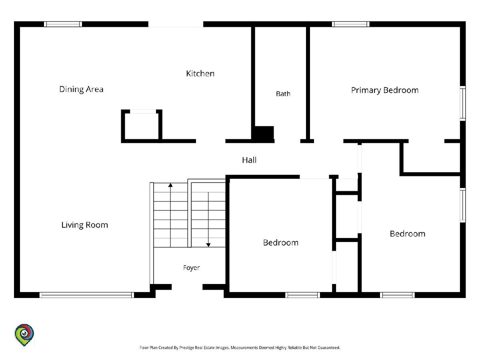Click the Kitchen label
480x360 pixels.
pos(200,74)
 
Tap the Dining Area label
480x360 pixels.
pos(81,89)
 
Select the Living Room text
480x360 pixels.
pos(85,225)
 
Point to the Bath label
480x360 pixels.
pos(283,94)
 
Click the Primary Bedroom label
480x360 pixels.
pos(385,90)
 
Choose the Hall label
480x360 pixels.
pos(249,160)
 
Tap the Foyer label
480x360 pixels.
pos(191,268)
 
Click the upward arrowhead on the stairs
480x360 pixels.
pos(170,185)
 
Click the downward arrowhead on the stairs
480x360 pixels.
pos(208,245)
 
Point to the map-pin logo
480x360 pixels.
pos(24,335)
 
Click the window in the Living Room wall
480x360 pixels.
pos(86,295)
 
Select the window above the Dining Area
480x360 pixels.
pos(63,24)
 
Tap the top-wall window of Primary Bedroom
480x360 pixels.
pos(350,24)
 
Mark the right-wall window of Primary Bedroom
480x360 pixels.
pos(463,103)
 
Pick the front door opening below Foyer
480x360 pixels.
pos(187,287)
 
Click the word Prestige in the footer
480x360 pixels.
pos(186,348)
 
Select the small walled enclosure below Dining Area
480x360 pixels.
pos(142,126)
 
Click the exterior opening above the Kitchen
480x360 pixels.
pos(176,24)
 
